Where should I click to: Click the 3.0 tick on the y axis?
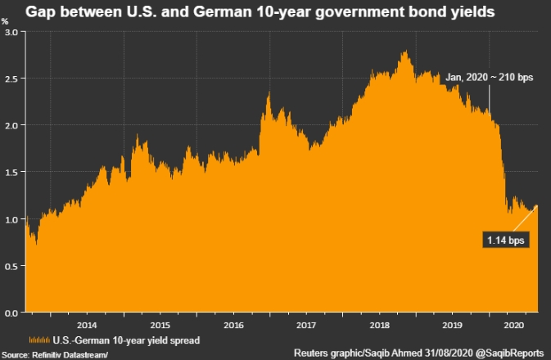pyautogui.click(x=12, y=32)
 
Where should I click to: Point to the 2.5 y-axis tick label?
pyautogui.click(x=12, y=79)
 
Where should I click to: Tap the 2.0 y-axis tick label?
pyautogui.click(x=12, y=125)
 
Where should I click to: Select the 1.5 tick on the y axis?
pyautogui.click(x=12, y=172)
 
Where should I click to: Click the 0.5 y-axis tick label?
pyautogui.click(x=12, y=266)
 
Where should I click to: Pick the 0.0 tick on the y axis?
pyautogui.click(x=12, y=313)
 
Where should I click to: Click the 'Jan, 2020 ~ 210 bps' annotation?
pyautogui.click(x=489, y=76)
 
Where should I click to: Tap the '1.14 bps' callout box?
pyautogui.click(x=505, y=241)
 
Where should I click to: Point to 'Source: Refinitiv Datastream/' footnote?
pyautogui.click(x=54, y=353)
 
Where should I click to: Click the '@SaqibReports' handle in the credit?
pyautogui.click(x=511, y=353)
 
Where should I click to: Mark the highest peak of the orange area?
pyautogui.click(x=405, y=52)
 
